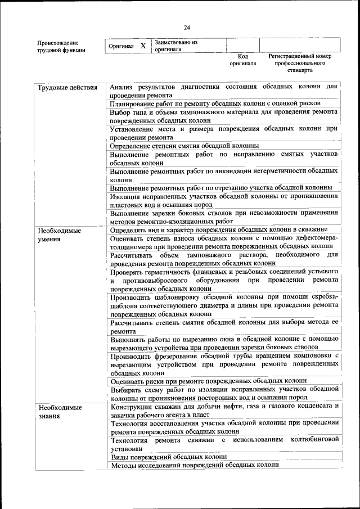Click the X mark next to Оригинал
143,46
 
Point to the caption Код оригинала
242,60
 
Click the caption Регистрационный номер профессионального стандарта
299,64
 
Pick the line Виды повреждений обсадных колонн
169,457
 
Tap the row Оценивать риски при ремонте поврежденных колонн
208,380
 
